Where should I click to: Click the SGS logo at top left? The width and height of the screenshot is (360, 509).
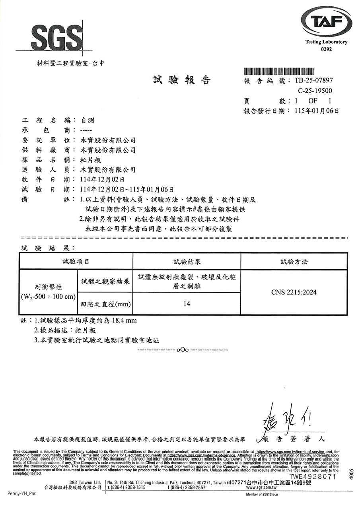[x=56, y=38]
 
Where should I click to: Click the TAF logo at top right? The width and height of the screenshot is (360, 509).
[x=326, y=23]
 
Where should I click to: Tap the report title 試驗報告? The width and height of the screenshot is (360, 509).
[x=181, y=80]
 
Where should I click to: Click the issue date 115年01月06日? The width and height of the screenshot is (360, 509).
[x=317, y=111]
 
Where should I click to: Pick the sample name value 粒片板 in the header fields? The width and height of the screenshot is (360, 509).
[x=90, y=160]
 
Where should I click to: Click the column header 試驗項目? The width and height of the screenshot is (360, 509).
[x=76, y=262]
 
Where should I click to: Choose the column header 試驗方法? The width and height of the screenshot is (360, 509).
[x=294, y=262]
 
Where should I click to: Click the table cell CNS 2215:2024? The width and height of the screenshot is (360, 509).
[x=294, y=293]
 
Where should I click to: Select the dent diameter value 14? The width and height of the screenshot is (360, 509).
[x=187, y=304]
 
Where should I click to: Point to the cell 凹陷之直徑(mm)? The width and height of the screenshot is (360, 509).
[x=104, y=304]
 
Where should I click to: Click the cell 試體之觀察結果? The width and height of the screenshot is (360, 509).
[x=104, y=282]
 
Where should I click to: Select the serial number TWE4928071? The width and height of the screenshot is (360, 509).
[x=313, y=476]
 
